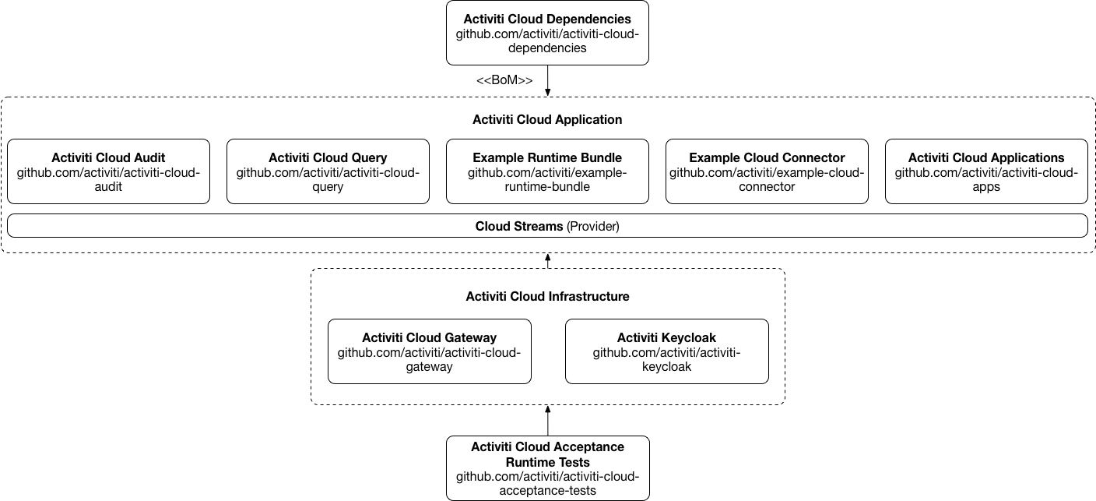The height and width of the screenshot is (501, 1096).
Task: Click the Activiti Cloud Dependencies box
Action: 547,33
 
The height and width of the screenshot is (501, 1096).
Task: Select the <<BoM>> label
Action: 504,80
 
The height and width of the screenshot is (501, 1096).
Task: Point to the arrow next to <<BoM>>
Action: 548,81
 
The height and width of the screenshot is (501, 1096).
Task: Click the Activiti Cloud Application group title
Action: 547,120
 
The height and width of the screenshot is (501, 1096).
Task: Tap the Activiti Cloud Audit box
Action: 108,171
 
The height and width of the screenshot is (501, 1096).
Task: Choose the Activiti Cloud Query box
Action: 328,171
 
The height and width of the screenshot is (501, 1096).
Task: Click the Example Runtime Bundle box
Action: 547,171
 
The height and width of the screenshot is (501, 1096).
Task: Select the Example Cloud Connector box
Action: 767,171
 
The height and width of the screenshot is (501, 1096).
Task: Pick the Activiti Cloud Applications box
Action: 986,171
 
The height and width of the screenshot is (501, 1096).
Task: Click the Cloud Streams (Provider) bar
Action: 547,226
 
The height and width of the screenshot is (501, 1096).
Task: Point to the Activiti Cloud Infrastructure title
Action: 547,297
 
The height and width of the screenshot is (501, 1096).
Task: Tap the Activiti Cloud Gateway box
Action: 429,351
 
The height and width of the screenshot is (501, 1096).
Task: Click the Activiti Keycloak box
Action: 666,351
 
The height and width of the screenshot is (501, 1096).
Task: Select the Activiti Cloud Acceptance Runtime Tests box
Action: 547,467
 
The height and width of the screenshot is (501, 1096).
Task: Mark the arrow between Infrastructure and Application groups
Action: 548,261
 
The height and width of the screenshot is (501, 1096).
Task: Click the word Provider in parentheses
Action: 593,227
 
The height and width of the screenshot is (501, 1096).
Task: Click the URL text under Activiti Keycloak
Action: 666,360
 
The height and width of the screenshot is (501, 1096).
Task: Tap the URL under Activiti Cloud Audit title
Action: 108,180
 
